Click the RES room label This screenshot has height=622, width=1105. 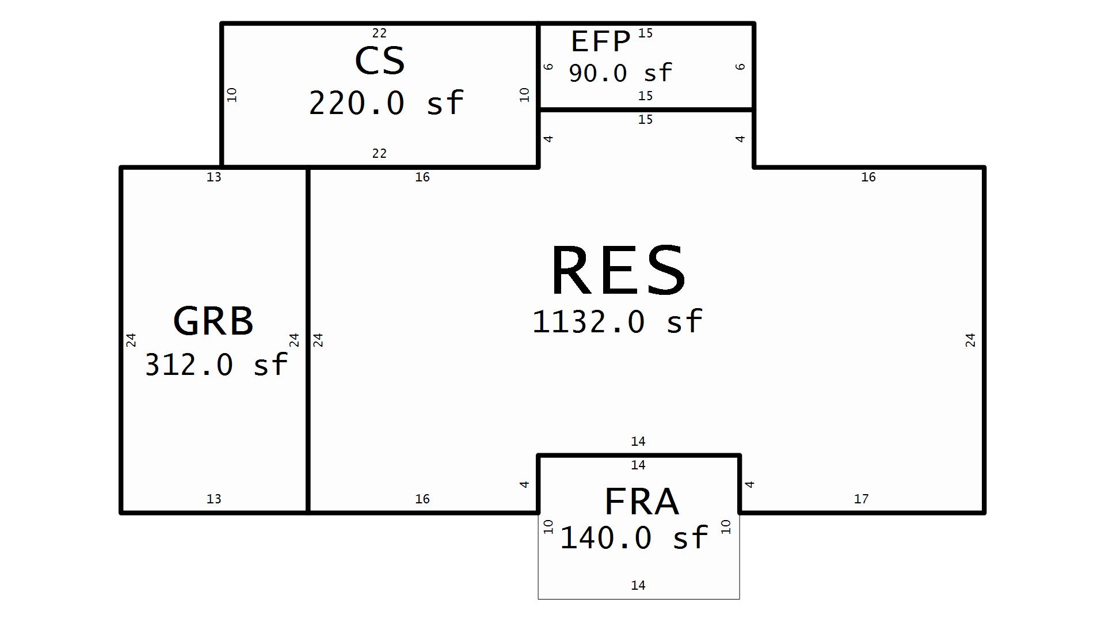coord(618,270)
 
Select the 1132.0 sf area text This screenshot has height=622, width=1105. coord(617,321)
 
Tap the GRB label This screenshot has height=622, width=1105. coord(213,321)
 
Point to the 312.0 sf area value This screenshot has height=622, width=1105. coord(216,365)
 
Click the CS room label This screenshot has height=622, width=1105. coord(380,60)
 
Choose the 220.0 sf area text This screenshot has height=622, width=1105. coord(386,103)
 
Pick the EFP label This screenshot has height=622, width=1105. coord(601,41)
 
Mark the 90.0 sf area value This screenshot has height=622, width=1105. coord(620,73)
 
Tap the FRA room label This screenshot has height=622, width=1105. coord(642,501)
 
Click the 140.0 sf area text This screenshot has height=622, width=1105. coord(634,538)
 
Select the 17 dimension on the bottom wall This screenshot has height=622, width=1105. coord(861,499)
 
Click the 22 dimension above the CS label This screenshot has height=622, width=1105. coord(379,33)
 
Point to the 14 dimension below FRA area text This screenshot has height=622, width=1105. coord(638,585)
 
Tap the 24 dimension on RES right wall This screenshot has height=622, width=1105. coord(970,340)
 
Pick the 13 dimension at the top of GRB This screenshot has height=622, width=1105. coord(214,177)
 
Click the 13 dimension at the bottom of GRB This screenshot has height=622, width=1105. coord(214,499)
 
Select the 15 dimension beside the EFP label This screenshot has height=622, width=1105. coord(646,33)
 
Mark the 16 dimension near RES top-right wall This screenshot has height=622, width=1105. coord(868,177)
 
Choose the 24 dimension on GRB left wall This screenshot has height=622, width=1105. coord(131,340)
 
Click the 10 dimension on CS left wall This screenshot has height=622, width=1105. coord(232,95)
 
